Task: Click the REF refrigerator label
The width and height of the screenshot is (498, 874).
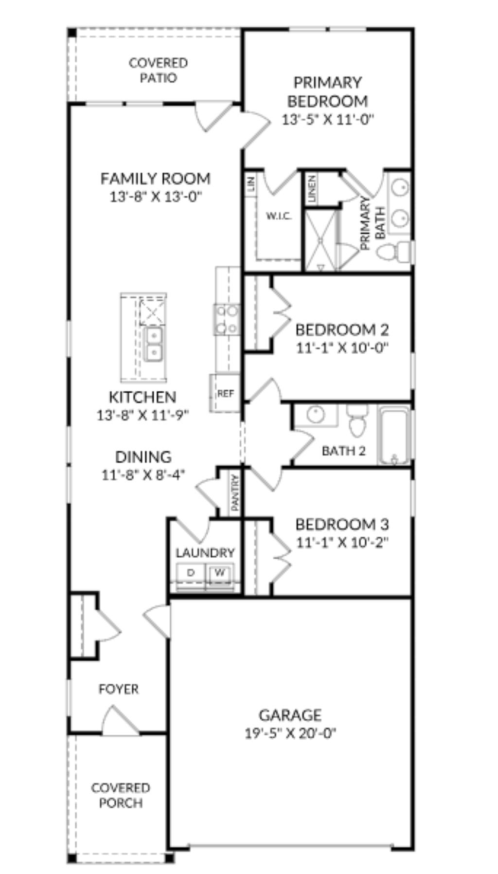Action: tap(225, 393)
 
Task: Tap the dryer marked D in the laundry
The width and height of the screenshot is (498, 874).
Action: tap(191, 573)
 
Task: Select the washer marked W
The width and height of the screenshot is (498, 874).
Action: tap(220, 573)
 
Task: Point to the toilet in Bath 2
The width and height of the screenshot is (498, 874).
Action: tap(357, 422)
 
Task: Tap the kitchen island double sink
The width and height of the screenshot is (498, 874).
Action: tap(153, 344)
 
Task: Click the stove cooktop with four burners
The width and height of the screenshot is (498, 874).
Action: tap(227, 319)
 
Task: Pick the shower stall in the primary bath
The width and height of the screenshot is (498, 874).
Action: tap(320, 239)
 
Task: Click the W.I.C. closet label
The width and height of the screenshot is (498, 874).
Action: tap(279, 217)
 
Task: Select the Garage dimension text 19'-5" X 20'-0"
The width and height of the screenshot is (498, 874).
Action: tap(290, 733)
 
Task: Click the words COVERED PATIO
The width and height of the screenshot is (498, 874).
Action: tap(158, 71)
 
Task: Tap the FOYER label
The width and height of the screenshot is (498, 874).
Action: tap(118, 689)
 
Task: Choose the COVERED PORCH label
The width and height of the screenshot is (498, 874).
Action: tap(121, 795)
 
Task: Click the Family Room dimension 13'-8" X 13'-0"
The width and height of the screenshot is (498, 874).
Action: tap(156, 197)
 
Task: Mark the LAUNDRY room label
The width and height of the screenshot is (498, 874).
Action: tap(205, 553)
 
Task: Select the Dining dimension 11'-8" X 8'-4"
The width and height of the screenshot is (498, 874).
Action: tap(144, 474)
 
